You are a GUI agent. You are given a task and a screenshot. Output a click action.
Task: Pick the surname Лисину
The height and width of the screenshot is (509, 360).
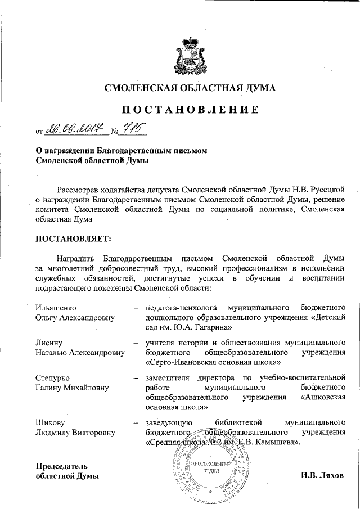click(49, 343)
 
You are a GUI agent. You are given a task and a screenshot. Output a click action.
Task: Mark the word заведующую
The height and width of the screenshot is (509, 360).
click(169, 422)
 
